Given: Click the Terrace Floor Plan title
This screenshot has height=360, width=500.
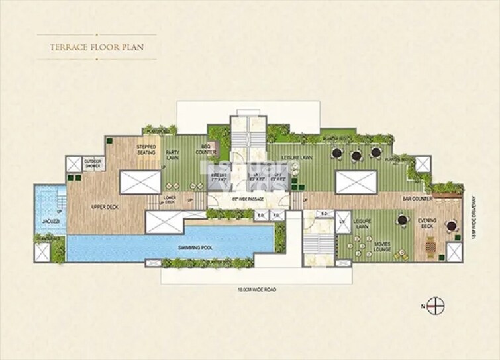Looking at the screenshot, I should (97, 47).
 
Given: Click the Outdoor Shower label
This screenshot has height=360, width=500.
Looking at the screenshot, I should (93, 164).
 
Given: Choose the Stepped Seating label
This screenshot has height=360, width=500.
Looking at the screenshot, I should (146, 150).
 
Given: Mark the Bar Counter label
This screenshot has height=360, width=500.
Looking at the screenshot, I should (417, 198).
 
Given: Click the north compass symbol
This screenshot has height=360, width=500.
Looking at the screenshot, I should (434, 306).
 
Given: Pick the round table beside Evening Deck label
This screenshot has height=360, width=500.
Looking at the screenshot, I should (451, 226).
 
